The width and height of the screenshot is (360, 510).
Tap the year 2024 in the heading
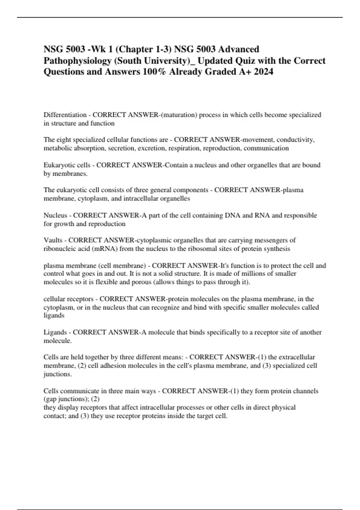(263, 72)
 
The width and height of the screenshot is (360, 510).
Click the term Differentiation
(65, 115)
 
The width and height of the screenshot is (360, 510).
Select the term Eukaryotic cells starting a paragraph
(67, 165)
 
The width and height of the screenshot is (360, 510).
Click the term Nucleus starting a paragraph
(55, 215)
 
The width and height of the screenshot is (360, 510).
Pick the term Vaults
(53, 240)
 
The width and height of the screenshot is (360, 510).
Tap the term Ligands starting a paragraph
(55, 332)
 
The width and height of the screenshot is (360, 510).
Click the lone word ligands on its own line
(54, 316)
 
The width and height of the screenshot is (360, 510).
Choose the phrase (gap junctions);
(66, 399)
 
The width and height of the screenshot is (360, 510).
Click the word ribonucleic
(58, 249)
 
